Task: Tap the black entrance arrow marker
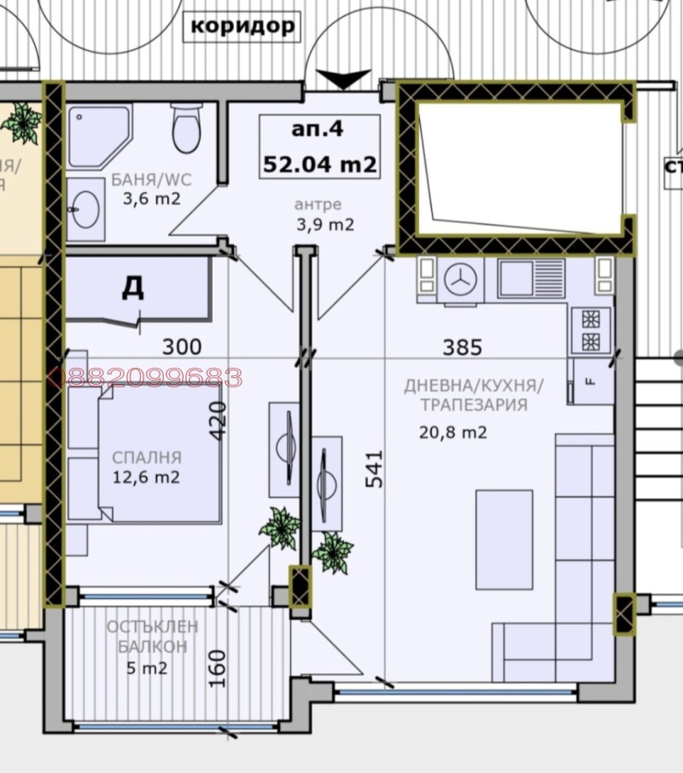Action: coord(343,79)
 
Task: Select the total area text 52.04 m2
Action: coord(320,164)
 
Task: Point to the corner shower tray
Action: coord(97,134)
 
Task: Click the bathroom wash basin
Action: coord(85,207)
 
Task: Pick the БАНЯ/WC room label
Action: coord(152,180)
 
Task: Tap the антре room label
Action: coord(318,205)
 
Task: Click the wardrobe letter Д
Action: coord(132,288)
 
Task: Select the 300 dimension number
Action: coord(182,346)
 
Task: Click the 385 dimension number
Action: coord(462,347)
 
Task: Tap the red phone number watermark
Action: coord(150,377)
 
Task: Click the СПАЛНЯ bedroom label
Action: coord(147,458)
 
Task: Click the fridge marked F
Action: coord(591,381)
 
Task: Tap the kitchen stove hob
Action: coord(591,330)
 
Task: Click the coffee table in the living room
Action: coord(504,538)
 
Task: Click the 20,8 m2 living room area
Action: coord(452,433)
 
